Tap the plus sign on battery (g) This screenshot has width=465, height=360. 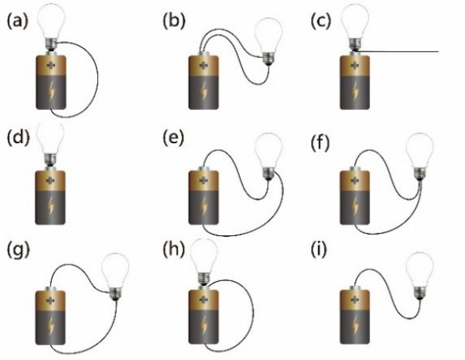pyautogui.click(x=51, y=298)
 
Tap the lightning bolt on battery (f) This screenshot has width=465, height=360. pyautogui.click(x=359, y=210)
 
